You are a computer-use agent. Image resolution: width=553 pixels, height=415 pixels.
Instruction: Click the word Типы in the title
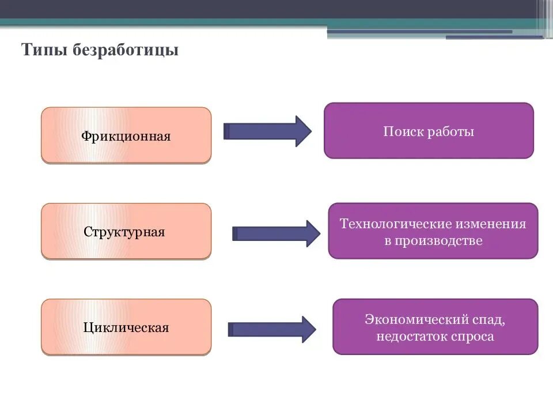pyautogui.click(x=45, y=51)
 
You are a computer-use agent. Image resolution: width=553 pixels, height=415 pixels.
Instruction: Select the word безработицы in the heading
pyautogui.click(x=126, y=51)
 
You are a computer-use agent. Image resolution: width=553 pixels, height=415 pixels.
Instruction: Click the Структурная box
pyautogui.click(x=126, y=231)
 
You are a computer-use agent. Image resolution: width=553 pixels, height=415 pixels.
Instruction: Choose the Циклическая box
pyautogui.click(x=126, y=327)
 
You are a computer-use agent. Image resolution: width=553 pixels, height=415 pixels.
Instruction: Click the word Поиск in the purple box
pyautogui.click(x=403, y=131)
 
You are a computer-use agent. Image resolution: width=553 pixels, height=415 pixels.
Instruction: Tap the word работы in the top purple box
pyautogui.click(x=451, y=131)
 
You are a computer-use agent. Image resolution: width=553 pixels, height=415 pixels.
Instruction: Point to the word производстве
pyautogui.click(x=438, y=240)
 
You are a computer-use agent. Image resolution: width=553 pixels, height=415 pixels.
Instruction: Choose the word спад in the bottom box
pyautogui.click(x=490, y=319)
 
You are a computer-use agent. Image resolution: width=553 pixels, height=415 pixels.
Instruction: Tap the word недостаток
pyautogui.click(x=411, y=336)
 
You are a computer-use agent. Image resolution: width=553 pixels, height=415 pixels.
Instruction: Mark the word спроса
pyautogui.click(x=472, y=336)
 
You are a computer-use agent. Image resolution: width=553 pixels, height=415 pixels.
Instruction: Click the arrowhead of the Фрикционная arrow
pyautogui.click(x=303, y=131)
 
